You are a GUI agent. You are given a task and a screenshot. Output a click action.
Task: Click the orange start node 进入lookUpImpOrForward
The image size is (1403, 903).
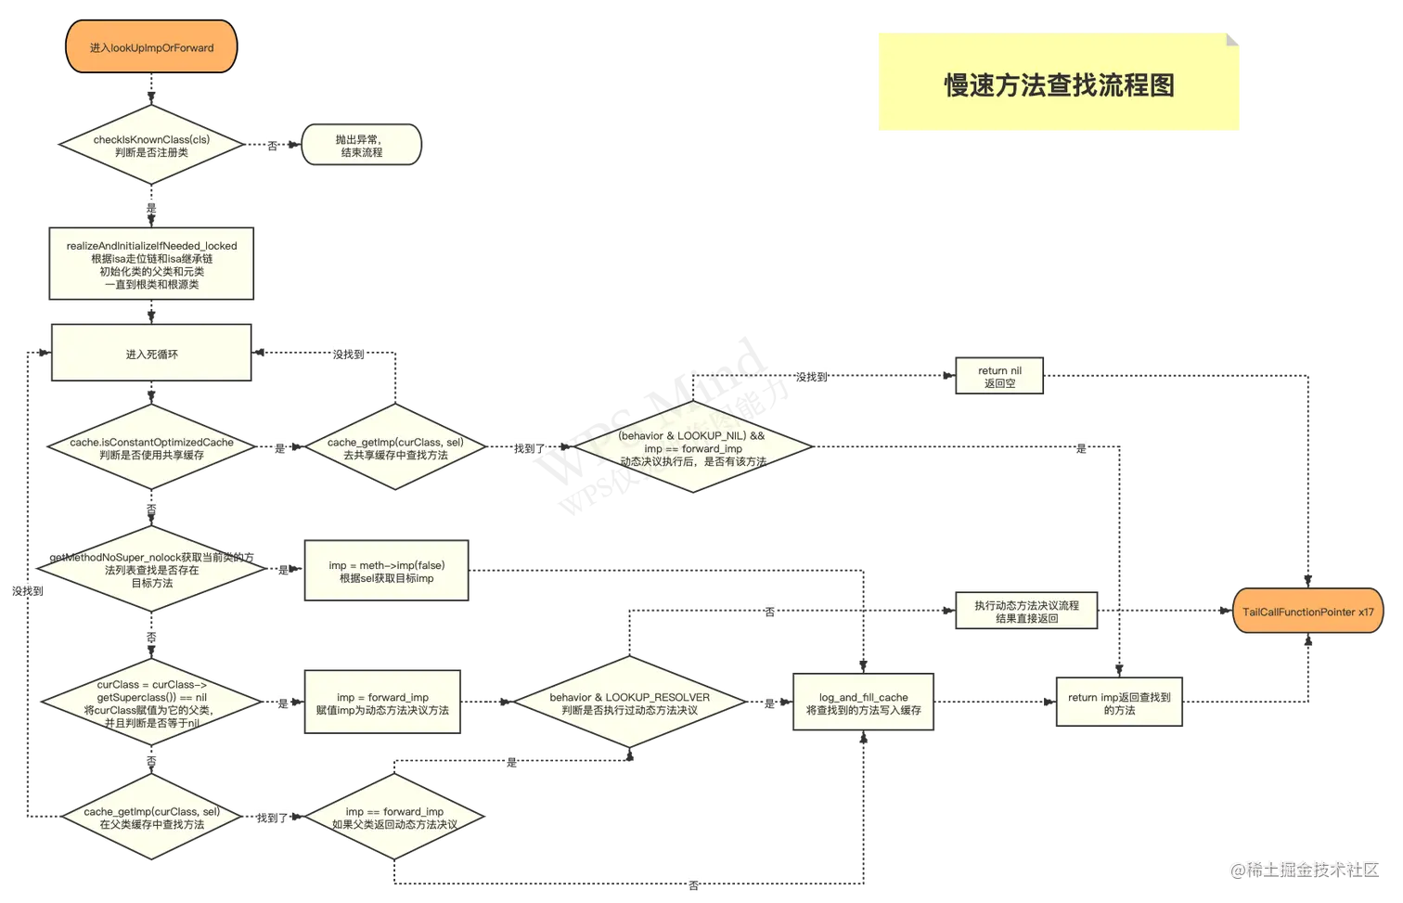151,47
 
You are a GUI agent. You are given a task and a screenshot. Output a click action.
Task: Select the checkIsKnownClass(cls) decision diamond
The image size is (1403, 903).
151,146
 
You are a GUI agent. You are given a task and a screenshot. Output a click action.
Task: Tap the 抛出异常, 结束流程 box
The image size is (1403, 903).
361,146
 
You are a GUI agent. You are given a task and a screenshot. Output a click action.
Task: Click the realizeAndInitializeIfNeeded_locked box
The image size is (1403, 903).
151,264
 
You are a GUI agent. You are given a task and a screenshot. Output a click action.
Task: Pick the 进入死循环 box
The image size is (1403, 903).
151,354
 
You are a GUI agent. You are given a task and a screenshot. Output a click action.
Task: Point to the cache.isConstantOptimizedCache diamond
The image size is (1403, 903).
151,448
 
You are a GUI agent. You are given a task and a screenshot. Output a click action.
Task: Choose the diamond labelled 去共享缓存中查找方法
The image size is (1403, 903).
395,448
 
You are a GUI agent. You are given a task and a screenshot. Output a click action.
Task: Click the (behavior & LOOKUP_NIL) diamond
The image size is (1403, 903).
692,447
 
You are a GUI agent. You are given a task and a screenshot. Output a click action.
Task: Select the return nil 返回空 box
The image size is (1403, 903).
999,377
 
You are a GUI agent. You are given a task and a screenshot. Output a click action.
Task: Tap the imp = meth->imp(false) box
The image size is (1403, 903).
386,572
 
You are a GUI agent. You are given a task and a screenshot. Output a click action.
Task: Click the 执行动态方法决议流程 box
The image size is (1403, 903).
1026,612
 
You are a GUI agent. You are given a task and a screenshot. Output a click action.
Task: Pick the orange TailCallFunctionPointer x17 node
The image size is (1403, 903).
1308,612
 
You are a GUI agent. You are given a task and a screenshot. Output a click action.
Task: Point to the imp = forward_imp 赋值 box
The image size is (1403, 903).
382,703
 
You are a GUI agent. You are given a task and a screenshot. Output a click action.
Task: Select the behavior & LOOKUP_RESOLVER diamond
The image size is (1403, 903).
629,703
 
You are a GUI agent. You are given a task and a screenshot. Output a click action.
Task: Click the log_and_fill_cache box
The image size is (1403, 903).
863,703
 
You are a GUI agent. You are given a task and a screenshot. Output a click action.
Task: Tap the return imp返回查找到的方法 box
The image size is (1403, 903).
1119,703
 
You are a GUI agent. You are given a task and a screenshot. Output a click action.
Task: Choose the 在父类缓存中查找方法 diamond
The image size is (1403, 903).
151,818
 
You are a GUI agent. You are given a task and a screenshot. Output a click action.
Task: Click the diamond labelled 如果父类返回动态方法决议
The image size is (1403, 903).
394,818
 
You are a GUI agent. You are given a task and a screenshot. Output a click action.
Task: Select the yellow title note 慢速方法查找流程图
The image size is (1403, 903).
1059,84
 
